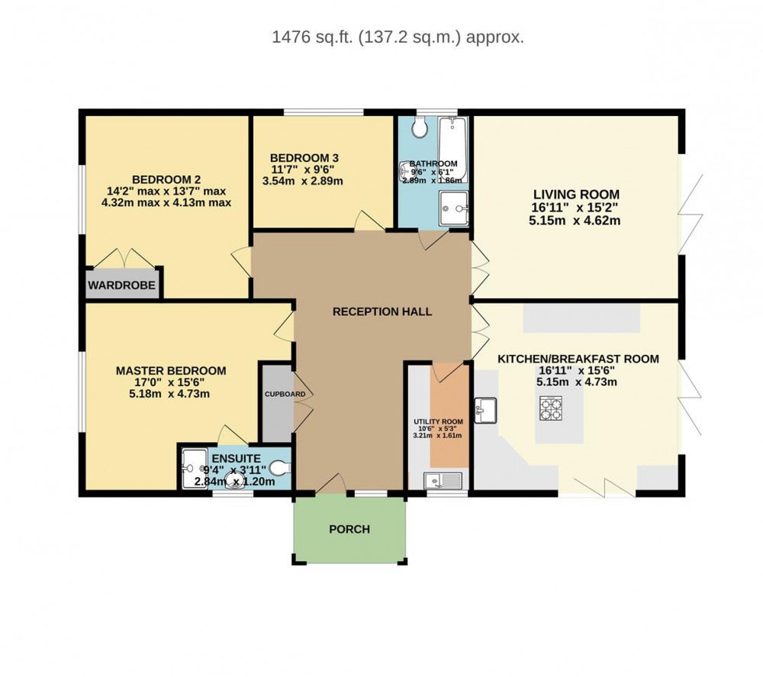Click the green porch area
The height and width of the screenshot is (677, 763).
coord(349,529)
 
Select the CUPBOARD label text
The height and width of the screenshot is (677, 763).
coord(285,395)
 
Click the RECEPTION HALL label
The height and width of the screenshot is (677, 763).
coord(382,311)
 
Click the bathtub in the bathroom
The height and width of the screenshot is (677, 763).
coord(453,148)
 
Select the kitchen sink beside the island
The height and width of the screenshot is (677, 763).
coord(485,410)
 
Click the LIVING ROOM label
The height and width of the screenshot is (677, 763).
coord(576,194)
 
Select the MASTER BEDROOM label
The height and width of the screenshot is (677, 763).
coord(171,371)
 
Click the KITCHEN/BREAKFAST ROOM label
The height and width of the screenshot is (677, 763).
coord(578,359)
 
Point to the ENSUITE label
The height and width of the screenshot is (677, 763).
coord(237,457)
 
